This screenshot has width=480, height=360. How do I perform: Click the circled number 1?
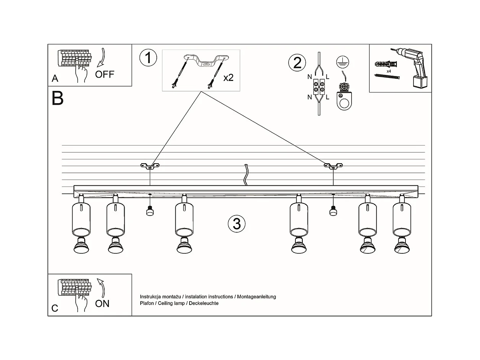[148, 58]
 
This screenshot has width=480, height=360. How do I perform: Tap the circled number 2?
[297, 62]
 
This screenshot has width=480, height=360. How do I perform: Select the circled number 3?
[237, 224]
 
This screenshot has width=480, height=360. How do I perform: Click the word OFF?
[105, 74]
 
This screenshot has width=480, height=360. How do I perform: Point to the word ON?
[102, 304]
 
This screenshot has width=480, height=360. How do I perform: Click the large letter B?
[57, 98]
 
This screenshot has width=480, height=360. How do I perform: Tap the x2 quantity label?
[228, 78]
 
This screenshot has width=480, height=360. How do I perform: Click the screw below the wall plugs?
[387, 77]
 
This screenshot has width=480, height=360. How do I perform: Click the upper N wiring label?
[310, 77]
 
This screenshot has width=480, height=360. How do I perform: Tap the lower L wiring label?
[328, 97]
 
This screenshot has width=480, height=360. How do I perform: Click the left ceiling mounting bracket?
[150, 166]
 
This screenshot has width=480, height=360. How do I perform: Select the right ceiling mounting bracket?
[333, 166]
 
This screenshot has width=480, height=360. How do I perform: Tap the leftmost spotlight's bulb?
[81, 246]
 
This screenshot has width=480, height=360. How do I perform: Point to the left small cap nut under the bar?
[149, 211]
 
